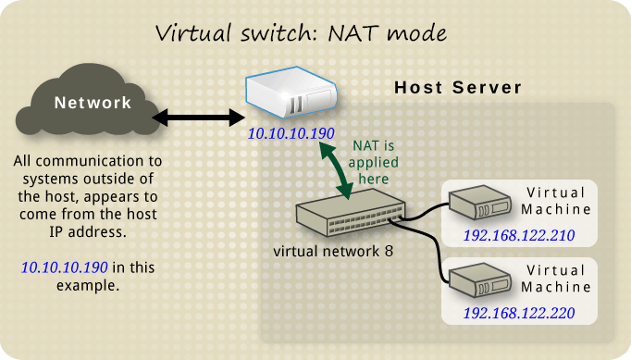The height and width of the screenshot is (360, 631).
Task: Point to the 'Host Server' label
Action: coord(458,88)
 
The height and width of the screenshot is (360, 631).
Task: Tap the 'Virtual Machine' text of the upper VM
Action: coord(556,201)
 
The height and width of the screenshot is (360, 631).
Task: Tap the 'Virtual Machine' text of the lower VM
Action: coord(556,279)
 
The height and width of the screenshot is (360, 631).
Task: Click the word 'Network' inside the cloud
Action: coord(93,103)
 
